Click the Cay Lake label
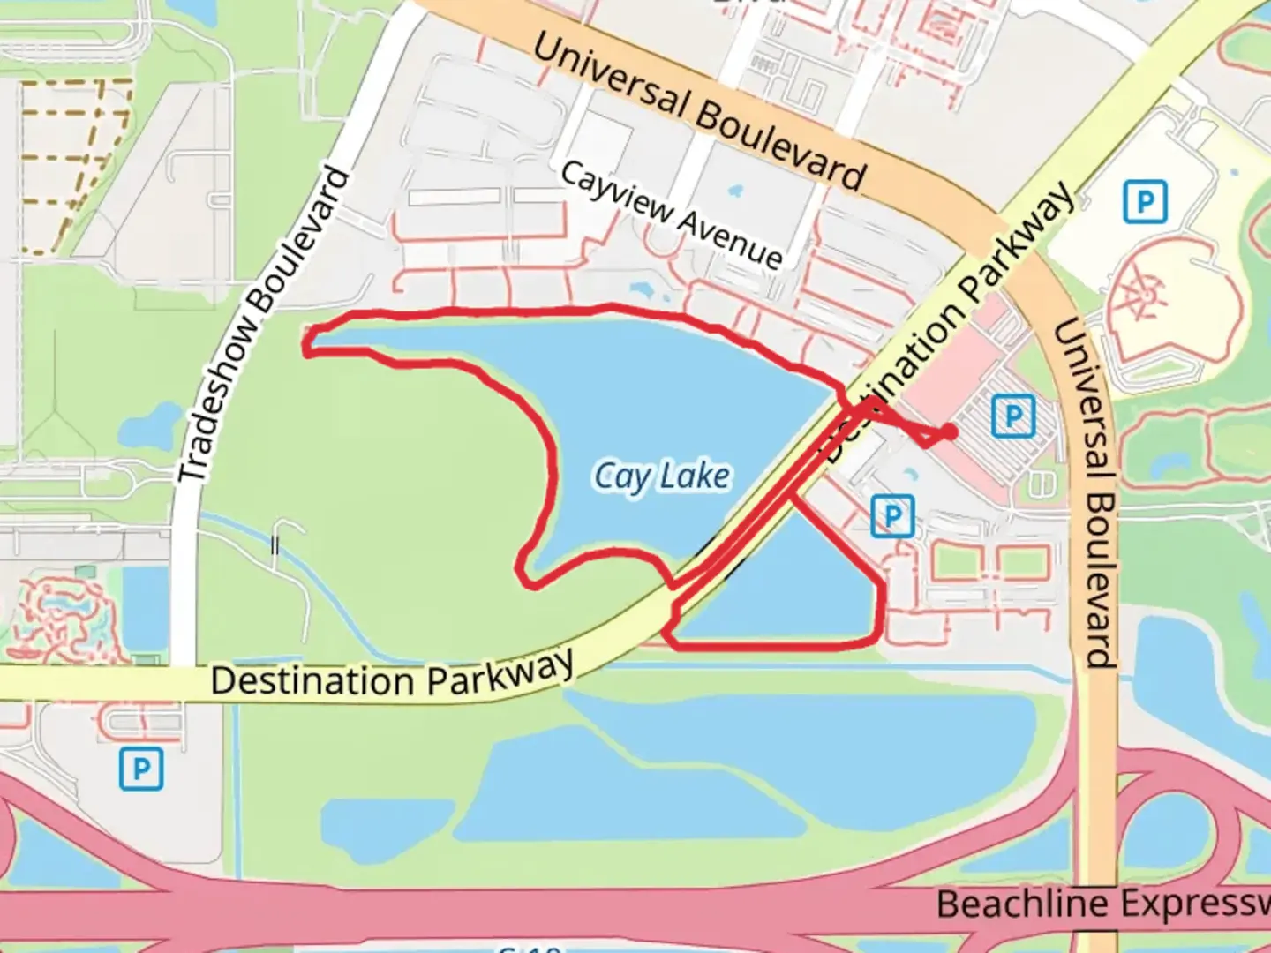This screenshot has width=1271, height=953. (x=662, y=477)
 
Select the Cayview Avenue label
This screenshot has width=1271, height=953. (x=672, y=214)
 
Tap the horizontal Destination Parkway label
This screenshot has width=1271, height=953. (x=393, y=676)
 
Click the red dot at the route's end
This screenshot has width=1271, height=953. (x=948, y=431)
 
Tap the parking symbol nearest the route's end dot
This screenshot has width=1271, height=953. (x=1012, y=415)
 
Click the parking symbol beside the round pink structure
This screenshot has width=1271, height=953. (x=1145, y=202)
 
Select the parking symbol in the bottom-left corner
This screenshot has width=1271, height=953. (x=141, y=769)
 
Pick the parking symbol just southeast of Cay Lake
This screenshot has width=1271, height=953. (x=891, y=515)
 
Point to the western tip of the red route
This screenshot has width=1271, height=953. (x=307, y=344)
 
